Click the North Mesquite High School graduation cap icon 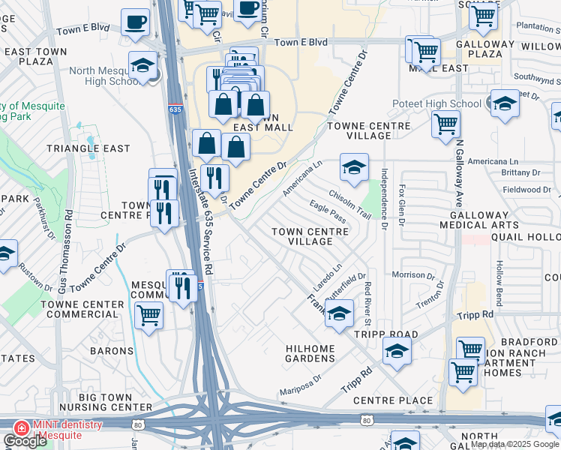142,66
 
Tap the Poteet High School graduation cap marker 505,104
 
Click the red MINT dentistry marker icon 22,428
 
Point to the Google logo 25,441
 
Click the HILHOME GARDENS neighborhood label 310,353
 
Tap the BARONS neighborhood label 112,350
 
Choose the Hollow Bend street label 499,275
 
